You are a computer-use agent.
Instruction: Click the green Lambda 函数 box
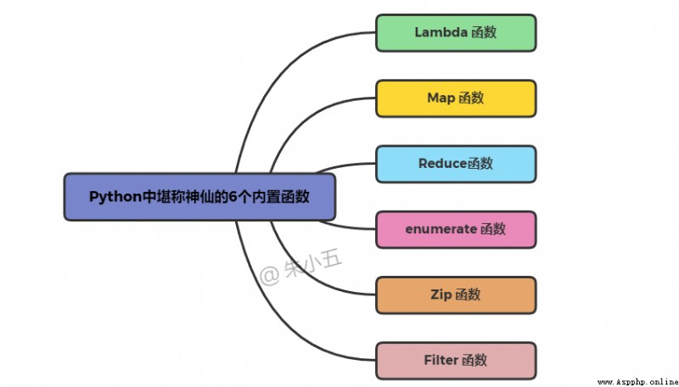[x=456, y=33]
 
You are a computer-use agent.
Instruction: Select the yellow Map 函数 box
[x=456, y=98]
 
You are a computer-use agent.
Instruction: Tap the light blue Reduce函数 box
[x=456, y=164]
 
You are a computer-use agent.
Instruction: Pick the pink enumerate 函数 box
[x=456, y=229]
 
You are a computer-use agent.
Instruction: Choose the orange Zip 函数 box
[x=456, y=295]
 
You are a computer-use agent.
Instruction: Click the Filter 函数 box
[x=456, y=361]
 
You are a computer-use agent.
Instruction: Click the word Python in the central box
[x=115, y=197]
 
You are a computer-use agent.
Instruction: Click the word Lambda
[x=441, y=32]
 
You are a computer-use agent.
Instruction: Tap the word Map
[x=441, y=98]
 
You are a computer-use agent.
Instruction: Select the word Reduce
[x=442, y=164]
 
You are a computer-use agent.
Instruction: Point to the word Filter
[x=441, y=360]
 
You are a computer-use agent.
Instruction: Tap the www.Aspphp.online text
[x=638, y=382]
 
